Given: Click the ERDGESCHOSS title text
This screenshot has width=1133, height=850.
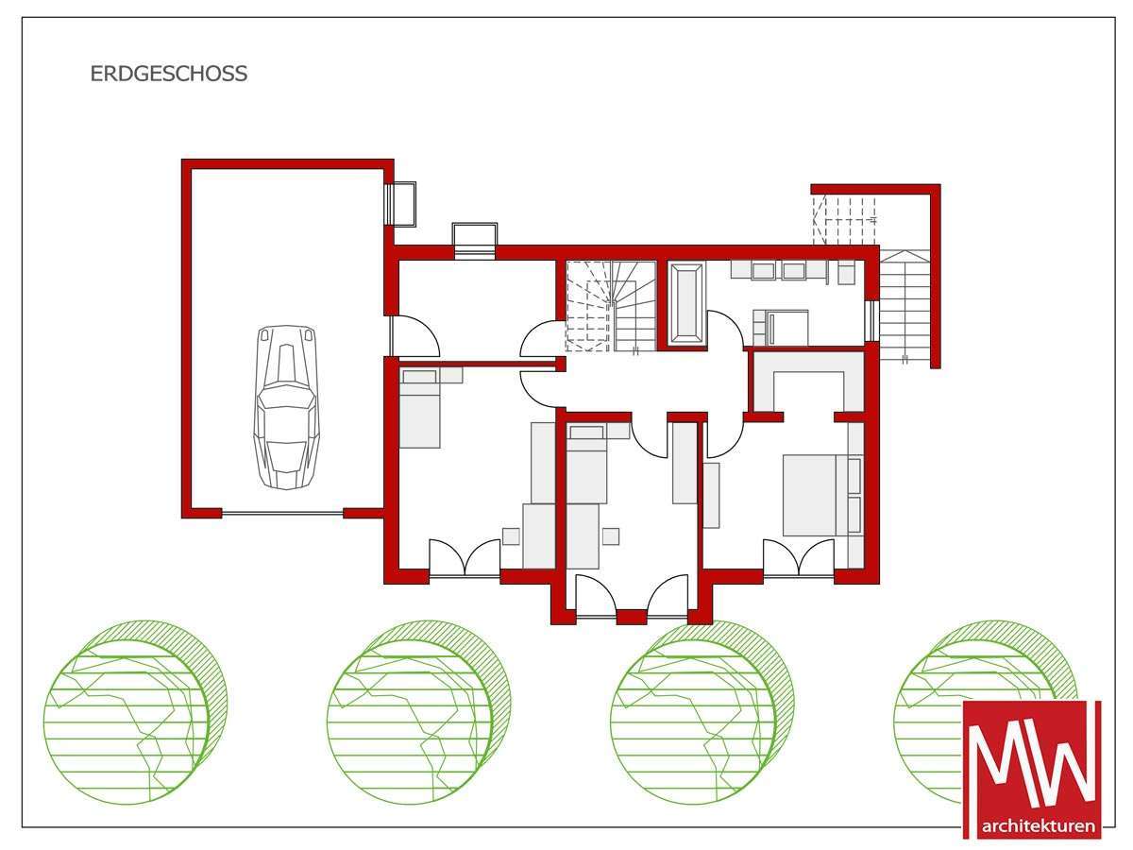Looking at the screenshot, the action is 169,74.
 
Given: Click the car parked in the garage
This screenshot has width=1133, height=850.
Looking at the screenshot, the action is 286,407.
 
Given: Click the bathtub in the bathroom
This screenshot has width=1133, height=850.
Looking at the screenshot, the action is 685,303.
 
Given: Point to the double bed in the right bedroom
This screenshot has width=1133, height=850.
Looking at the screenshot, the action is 816,495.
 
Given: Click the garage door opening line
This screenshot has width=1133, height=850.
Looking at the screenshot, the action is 283,513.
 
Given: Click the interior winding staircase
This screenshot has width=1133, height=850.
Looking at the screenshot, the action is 611,307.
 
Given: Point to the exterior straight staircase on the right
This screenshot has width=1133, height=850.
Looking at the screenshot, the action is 905,305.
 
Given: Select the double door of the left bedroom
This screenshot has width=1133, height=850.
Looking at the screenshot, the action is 465,557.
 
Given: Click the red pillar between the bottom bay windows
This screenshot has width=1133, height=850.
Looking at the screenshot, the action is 632,617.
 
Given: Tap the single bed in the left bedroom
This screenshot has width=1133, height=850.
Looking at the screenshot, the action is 419,408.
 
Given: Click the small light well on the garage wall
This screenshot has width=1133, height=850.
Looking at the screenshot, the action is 401,204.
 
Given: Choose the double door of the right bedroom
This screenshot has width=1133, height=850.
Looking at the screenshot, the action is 799,557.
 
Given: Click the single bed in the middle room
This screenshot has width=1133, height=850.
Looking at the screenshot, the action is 586,464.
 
